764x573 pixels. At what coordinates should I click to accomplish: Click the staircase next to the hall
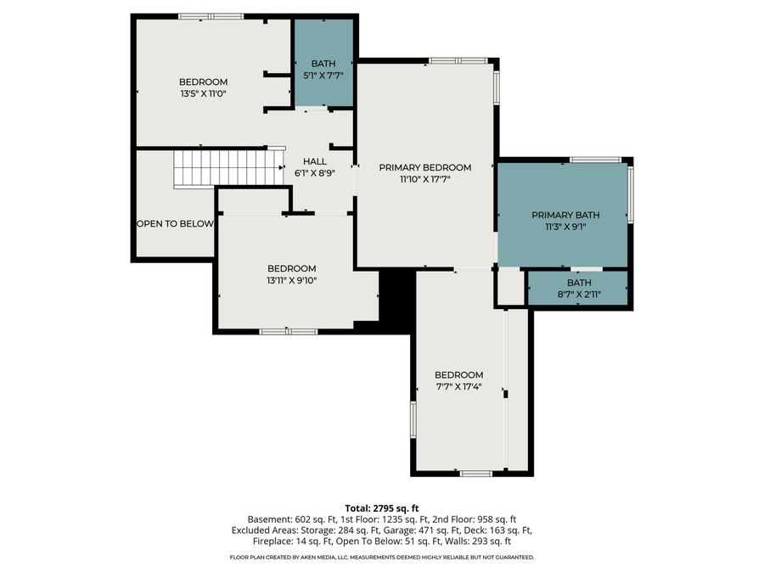(228, 168)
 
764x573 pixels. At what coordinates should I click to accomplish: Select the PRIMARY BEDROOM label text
(424, 167)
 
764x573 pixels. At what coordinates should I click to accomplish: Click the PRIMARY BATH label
(565, 215)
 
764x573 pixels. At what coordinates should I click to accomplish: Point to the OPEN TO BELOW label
(175, 224)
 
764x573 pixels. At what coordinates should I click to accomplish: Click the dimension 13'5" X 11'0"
(203, 94)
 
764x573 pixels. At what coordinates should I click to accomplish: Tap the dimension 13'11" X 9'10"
(291, 280)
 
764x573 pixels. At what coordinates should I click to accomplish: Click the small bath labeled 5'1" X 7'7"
(323, 69)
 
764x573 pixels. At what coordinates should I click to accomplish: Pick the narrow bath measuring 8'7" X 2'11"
(579, 288)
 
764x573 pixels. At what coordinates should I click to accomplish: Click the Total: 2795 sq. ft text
(381, 508)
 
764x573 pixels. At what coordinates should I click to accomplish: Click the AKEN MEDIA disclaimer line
(381, 557)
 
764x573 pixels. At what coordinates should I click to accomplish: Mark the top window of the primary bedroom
(458, 60)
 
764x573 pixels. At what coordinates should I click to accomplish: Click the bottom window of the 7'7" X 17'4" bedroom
(475, 473)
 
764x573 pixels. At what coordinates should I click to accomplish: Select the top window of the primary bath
(595, 159)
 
